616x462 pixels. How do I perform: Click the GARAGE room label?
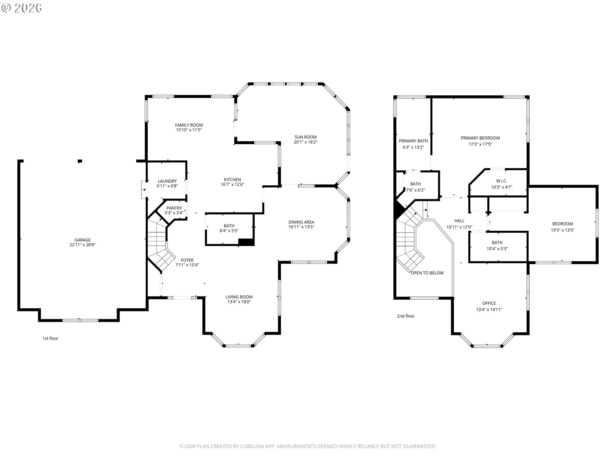coord(82,240)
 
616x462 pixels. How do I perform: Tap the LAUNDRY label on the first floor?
coord(167,181)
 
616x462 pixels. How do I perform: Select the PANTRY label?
coord(174,208)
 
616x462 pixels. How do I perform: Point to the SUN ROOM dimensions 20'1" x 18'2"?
coord(306,142)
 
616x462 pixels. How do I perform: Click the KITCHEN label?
coord(232,180)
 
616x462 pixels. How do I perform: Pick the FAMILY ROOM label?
coord(189,125)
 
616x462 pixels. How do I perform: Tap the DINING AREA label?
coord(301,222)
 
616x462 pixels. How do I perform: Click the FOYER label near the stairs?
coord(187,260)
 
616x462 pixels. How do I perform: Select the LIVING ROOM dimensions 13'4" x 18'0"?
coord(239,302)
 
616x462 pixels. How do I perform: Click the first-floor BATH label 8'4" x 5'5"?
coord(229,226)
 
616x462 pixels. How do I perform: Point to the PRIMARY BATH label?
coord(413,141)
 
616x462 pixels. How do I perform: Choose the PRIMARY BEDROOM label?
coord(480,138)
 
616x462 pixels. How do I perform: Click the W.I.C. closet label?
coord(501,181)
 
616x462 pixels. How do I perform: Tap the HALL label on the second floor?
coord(459,221)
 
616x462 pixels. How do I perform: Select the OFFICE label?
coord(489,303)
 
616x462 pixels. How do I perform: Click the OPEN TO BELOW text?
coord(427,273)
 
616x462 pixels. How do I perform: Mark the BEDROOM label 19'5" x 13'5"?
coord(562,224)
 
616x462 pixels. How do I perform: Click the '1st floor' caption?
coord(50,338)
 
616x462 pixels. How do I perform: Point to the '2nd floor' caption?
coord(406,316)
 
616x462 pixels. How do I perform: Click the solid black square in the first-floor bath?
coord(246,242)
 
